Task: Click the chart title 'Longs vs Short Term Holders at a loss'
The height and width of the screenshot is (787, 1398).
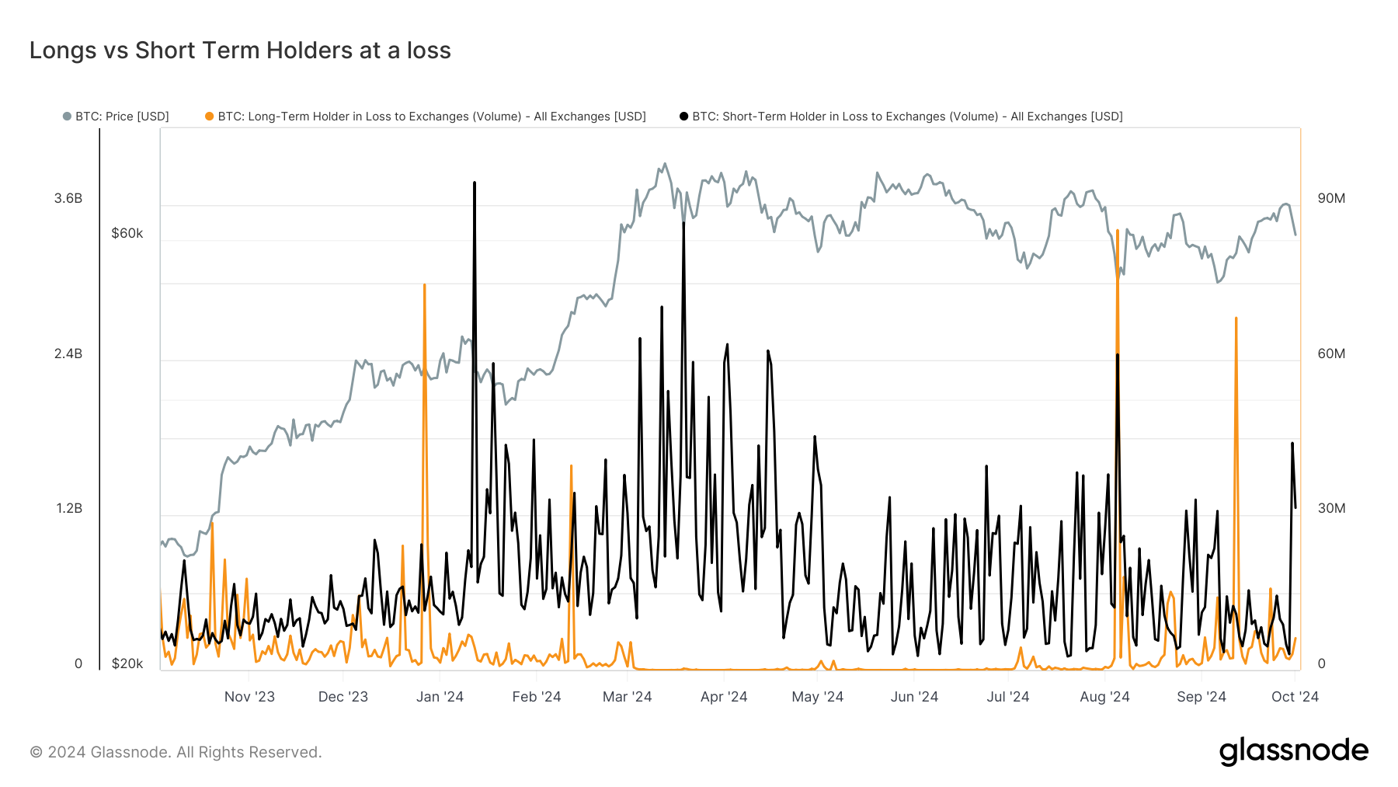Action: tap(240, 50)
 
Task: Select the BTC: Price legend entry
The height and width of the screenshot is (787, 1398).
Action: tap(116, 117)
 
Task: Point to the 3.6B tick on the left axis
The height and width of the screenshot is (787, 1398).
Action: tap(68, 198)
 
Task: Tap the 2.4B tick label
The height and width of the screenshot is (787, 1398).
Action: tap(68, 353)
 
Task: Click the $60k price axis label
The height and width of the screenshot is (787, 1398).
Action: tap(127, 233)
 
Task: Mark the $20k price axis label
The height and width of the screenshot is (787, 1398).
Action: tap(127, 663)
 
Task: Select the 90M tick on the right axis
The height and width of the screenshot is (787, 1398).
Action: tap(1331, 198)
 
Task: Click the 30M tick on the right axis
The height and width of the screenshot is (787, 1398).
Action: tap(1331, 508)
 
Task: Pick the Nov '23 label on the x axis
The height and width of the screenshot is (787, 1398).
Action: tap(249, 697)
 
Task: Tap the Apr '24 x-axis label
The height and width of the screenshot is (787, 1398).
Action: tap(724, 697)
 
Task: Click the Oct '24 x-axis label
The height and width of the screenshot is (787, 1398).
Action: tap(1295, 697)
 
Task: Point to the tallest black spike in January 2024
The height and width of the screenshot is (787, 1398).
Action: tap(475, 183)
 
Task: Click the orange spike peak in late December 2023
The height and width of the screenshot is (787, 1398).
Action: tap(424, 285)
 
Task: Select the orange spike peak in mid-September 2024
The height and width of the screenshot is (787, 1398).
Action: tap(1236, 318)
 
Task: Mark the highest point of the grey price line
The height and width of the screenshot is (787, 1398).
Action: tap(665, 164)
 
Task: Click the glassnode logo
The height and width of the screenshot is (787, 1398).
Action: tap(1293, 751)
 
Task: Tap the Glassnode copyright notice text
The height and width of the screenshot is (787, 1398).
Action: tap(176, 752)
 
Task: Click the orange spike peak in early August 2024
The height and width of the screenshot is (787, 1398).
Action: tap(1118, 231)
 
